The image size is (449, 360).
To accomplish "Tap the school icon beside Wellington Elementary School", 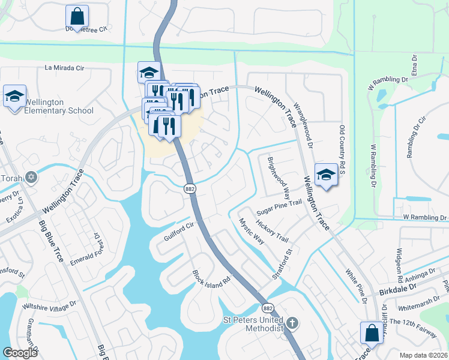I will click(x=15, y=97).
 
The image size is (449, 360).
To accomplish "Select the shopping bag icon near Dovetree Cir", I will click(x=77, y=16).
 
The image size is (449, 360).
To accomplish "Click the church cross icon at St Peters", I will click(x=292, y=323).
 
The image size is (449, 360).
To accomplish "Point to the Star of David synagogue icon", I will click(x=32, y=178).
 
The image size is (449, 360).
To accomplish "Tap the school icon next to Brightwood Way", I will click(x=326, y=175).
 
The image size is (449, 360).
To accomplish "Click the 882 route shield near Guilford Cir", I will click(x=188, y=188).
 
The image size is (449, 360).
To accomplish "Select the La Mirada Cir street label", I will click(x=73, y=68).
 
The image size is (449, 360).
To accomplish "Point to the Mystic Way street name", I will click(x=252, y=230).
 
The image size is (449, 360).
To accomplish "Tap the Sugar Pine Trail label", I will click(x=279, y=208).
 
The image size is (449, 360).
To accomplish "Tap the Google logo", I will click(x=20, y=352).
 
